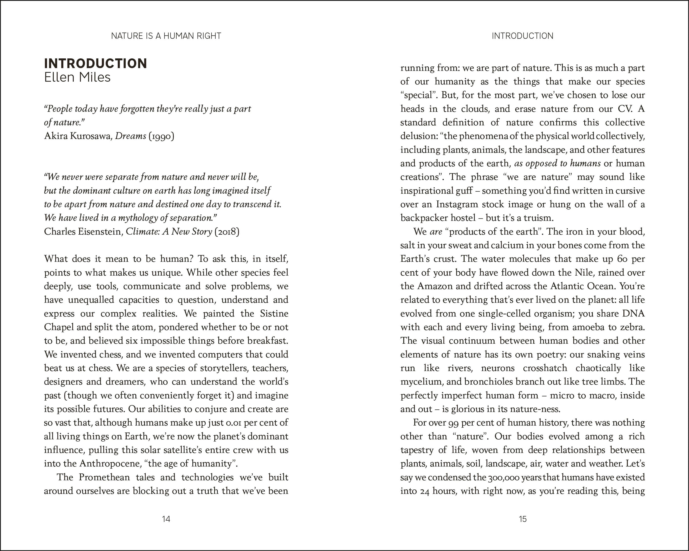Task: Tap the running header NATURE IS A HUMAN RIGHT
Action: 166,36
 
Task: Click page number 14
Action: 166,519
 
